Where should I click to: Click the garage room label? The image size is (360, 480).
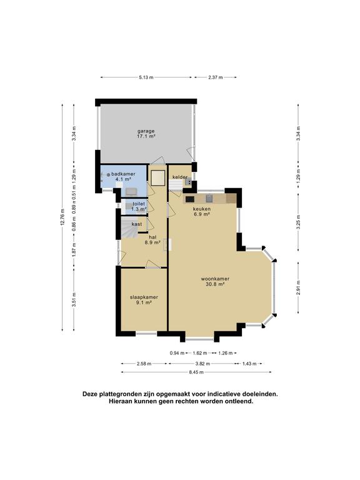click(x=146, y=131)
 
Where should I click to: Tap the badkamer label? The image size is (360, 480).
click(x=123, y=174)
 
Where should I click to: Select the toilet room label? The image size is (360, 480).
click(x=138, y=204)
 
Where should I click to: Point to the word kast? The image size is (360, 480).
click(x=136, y=223)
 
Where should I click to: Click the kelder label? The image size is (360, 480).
click(x=181, y=177)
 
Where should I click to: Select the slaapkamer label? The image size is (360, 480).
click(x=143, y=297)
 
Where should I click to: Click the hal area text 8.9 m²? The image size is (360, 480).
click(x=153, y=242)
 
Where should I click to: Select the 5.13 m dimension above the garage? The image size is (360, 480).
click(x=145, y=77)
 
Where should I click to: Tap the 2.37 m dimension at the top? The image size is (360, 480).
click(x=217, y=77)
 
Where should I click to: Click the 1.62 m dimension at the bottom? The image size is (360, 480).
click(x=201, y=353)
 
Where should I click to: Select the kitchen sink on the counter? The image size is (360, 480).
click(x=210, y=199)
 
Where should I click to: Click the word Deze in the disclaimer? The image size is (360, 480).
click(x=92, y=394)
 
